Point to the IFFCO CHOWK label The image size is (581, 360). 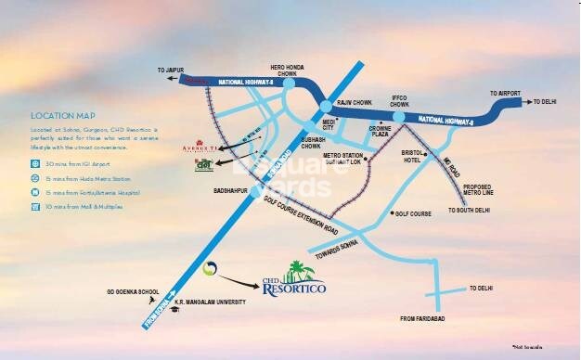tap(398, 101)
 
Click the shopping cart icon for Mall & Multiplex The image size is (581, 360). tap(33, 205)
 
